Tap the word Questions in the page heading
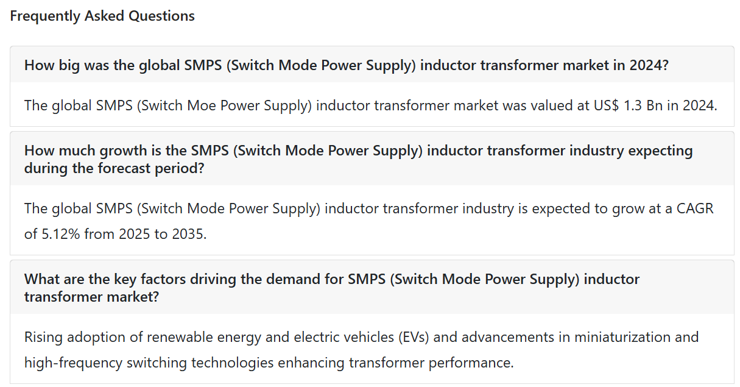pyautogui.click(x=161, y=16)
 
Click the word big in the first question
pyautogui.click(x=69, y=65)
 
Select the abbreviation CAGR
pyautogui.click(x=695, y=208)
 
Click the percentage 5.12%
pyautogui.click(x=61, y=234)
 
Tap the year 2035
pyautogui.click(x=189, y=234)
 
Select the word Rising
pyautogui.click(x=43, y=338)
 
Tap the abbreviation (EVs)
pyautogui.click(x=414, y=338)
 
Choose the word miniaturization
pyautogui.click(x=622, y=337)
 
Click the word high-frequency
pyautogui.click(x=73, y=363)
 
